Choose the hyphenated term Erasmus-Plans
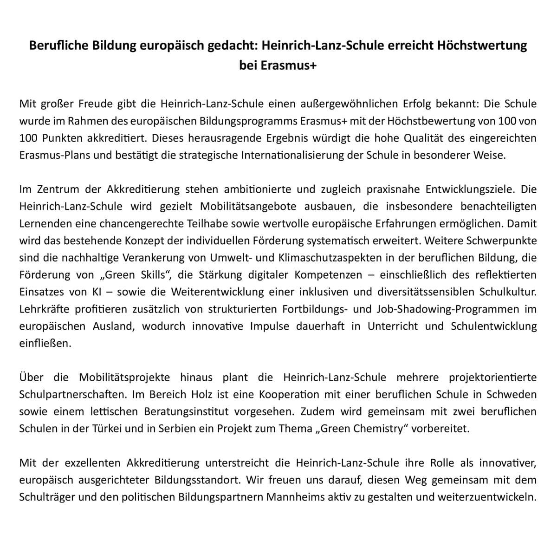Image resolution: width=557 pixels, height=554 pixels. click(x=52, y=155)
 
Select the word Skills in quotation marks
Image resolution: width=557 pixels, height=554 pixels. click(x=149, y=274)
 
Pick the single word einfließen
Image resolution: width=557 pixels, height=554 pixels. click(x=45, y=343)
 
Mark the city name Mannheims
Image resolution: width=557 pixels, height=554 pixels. click(x=298, y=497)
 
